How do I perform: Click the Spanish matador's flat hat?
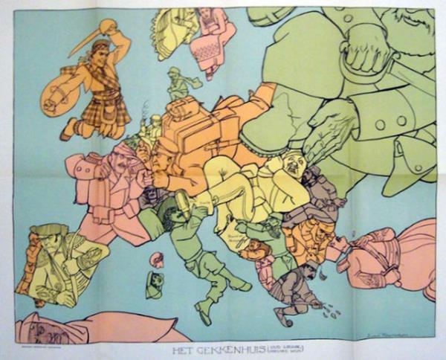48,229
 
